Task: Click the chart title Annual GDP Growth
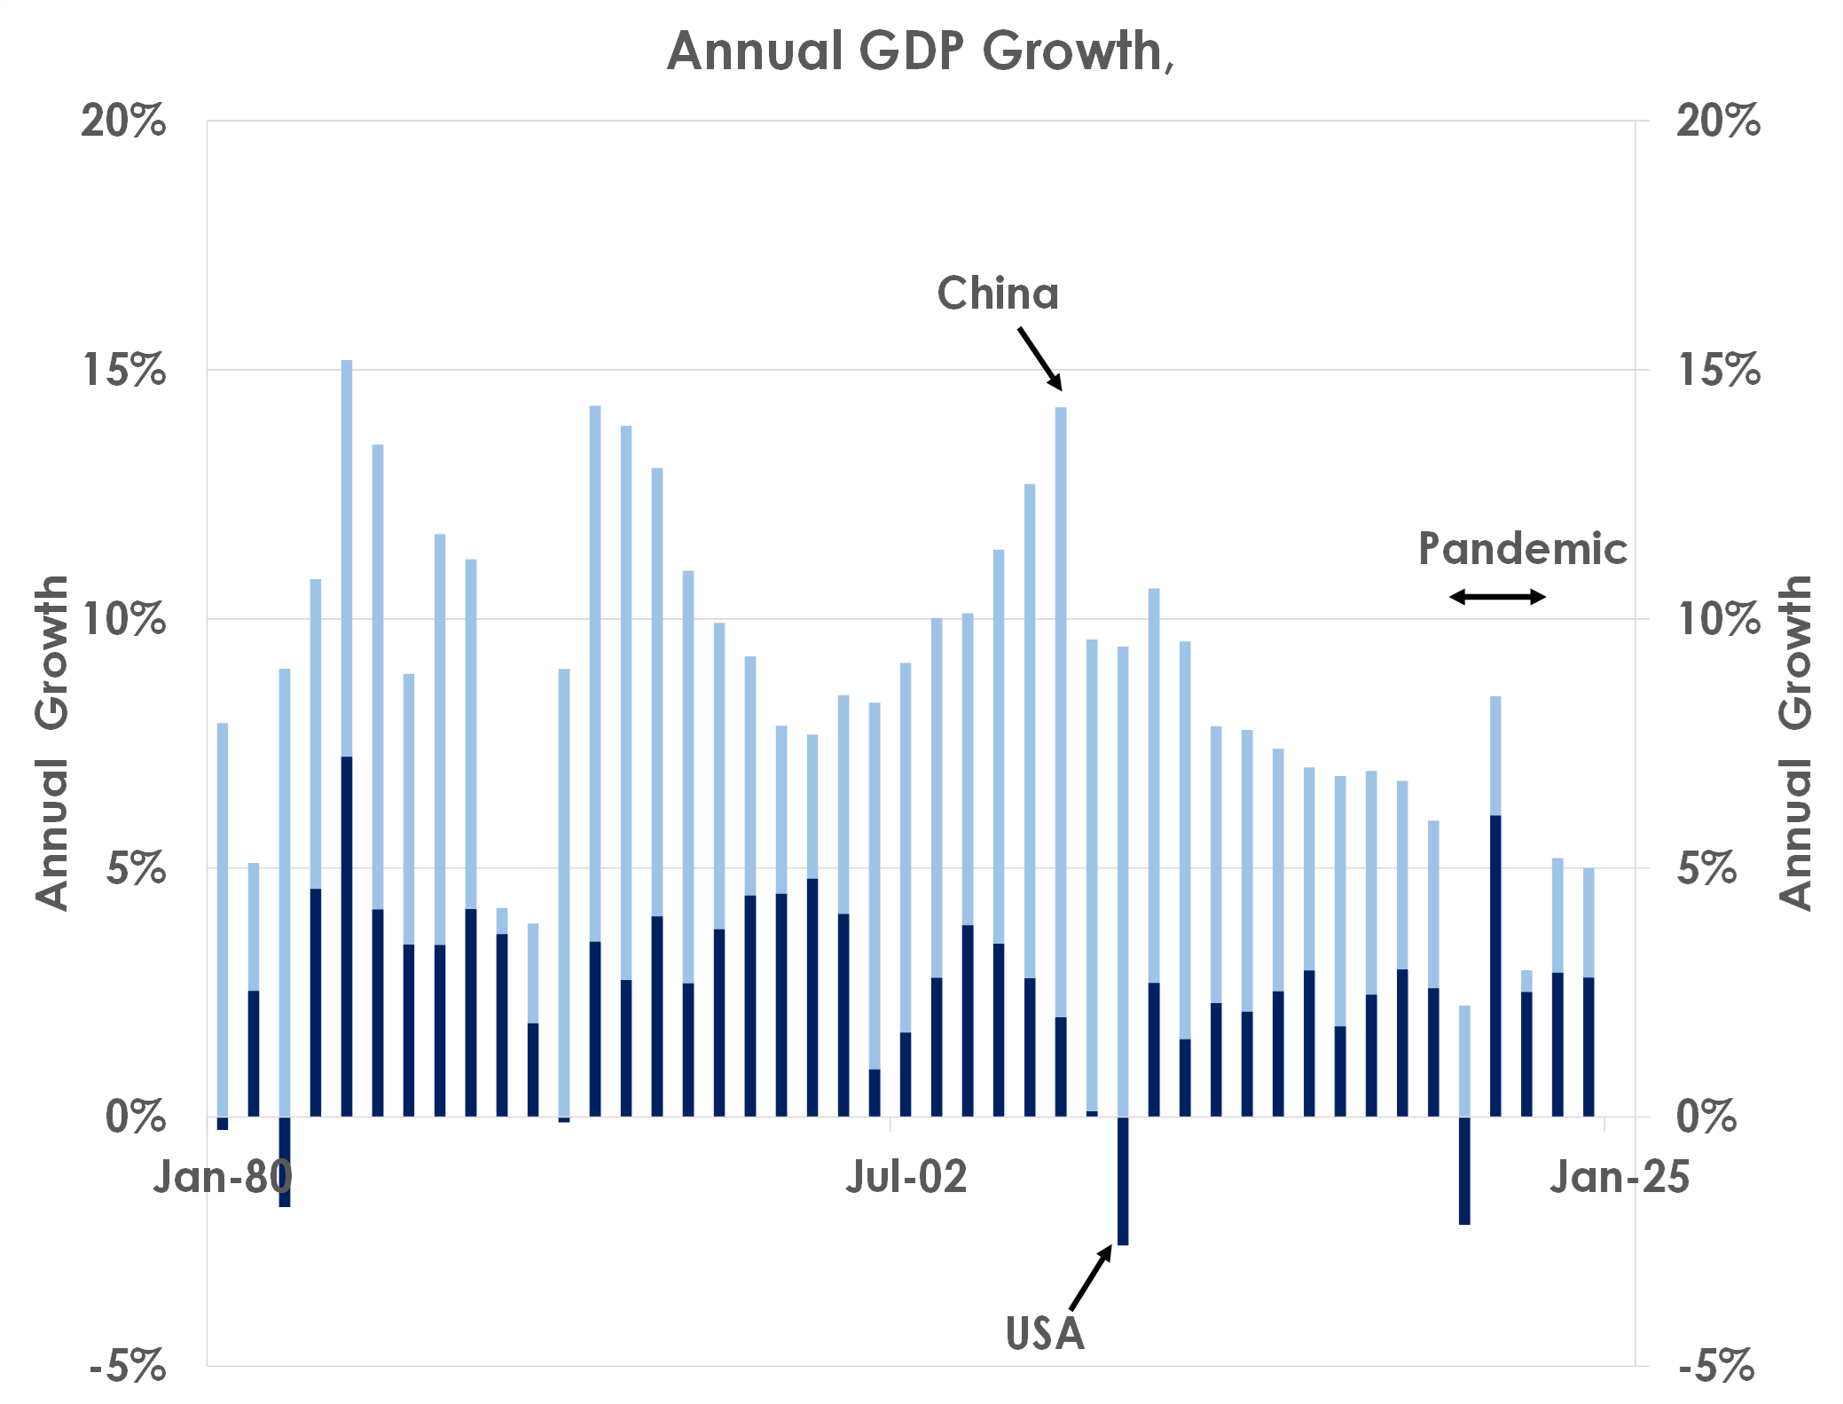pyautogui.click(x=920, y=51)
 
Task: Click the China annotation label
pyautogui.click(x=998, y=294)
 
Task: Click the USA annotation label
pyautogui.click(x=1045, y=1333)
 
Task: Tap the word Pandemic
pyautogui.click(x=1522, y=549)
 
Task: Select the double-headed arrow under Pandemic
pyautogui.click(x=1497, y=597)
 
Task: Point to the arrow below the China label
pyautogui.click(x=1039, y=358)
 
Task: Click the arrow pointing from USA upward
pyautogui.click(x=1091, y=1277)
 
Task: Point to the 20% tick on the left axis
pyautogui.click(x=123, y=121)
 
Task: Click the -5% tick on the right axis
pyautogui.click(x=1716, y=1366)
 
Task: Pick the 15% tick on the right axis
pyautogui.click(x=1718, y=370)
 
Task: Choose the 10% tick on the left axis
pyautogui.click(x=123, y=619)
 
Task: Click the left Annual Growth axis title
pyautogui.click(x=51, y=742)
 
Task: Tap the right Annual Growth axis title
pyautogui.click(x=1795, y=742)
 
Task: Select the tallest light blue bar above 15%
pyautogui.click(x=347, y=559)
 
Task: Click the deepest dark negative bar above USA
pyautogui.click(x=1123, y=1180)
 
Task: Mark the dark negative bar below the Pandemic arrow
pyautogui.click(x=1464, y=1171)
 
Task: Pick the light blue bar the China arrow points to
pyautogui.click(x=1061, y=710)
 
